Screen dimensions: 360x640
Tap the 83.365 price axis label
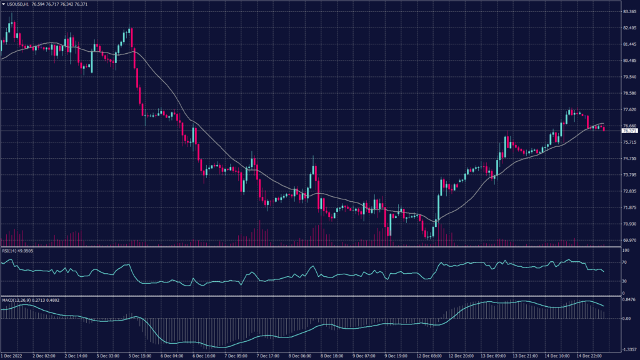(x=629, y=12)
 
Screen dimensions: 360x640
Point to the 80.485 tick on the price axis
(x=629, y=61)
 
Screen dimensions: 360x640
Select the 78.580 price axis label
(x=629, y=93)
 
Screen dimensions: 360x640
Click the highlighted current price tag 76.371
(x=629, y=131)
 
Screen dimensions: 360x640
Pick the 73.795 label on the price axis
(x=629, y=175)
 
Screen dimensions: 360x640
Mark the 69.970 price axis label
(x=629, y=240)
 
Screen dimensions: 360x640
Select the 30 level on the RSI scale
(x=624, y=281)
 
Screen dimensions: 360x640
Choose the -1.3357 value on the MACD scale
(x=628, y=350)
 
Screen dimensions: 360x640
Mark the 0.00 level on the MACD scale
(x=626, y=319)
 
